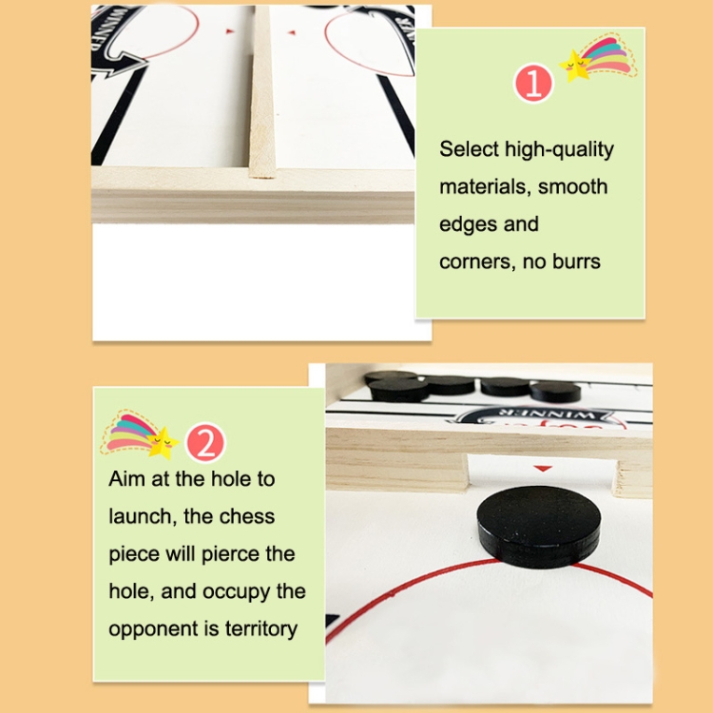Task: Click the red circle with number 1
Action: (533, 84)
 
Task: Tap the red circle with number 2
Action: (205, 443)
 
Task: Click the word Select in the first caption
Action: (469, 149)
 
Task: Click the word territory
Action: (261, 629)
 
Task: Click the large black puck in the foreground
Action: (538, 527)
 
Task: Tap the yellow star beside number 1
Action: (575, 66)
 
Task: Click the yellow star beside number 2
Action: (163, 442)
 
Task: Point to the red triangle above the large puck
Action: (543, 469)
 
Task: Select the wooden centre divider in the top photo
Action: (261, 91)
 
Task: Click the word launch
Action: (140, 517)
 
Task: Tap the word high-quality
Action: (559, 149)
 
